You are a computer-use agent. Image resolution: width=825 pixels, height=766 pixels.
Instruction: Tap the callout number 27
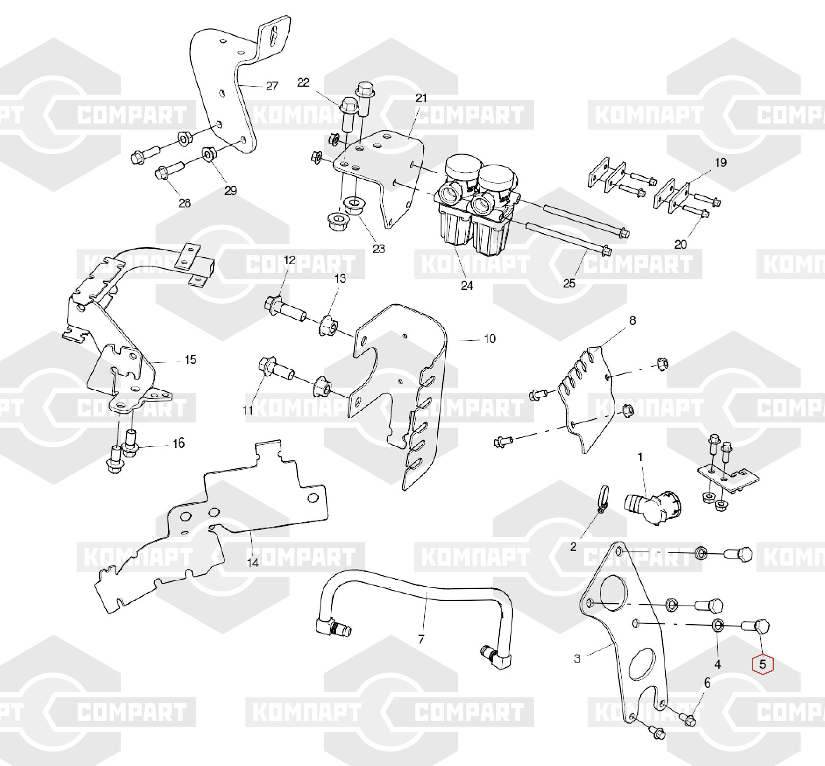tap(272, 86)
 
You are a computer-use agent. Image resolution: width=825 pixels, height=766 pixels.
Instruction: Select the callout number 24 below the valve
tap(467, 285)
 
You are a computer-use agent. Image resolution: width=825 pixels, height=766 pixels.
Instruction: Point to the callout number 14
tap(253, 563)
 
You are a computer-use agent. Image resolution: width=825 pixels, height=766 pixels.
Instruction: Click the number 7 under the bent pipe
tap(421, 640)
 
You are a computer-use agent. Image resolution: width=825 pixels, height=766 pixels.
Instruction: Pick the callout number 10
tap(490, 339)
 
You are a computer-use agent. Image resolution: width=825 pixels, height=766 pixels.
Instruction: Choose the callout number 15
tap(190, 359)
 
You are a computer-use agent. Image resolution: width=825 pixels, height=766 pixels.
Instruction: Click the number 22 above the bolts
tap(304, 82)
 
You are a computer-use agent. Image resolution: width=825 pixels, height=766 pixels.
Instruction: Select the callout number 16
tap(179, 443)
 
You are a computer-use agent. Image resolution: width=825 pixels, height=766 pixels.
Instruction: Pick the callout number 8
tap(632, 321)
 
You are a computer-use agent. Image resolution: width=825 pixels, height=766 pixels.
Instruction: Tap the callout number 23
tap(379, 249)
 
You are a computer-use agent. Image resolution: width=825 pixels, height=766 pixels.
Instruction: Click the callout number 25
tap(569, 283)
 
